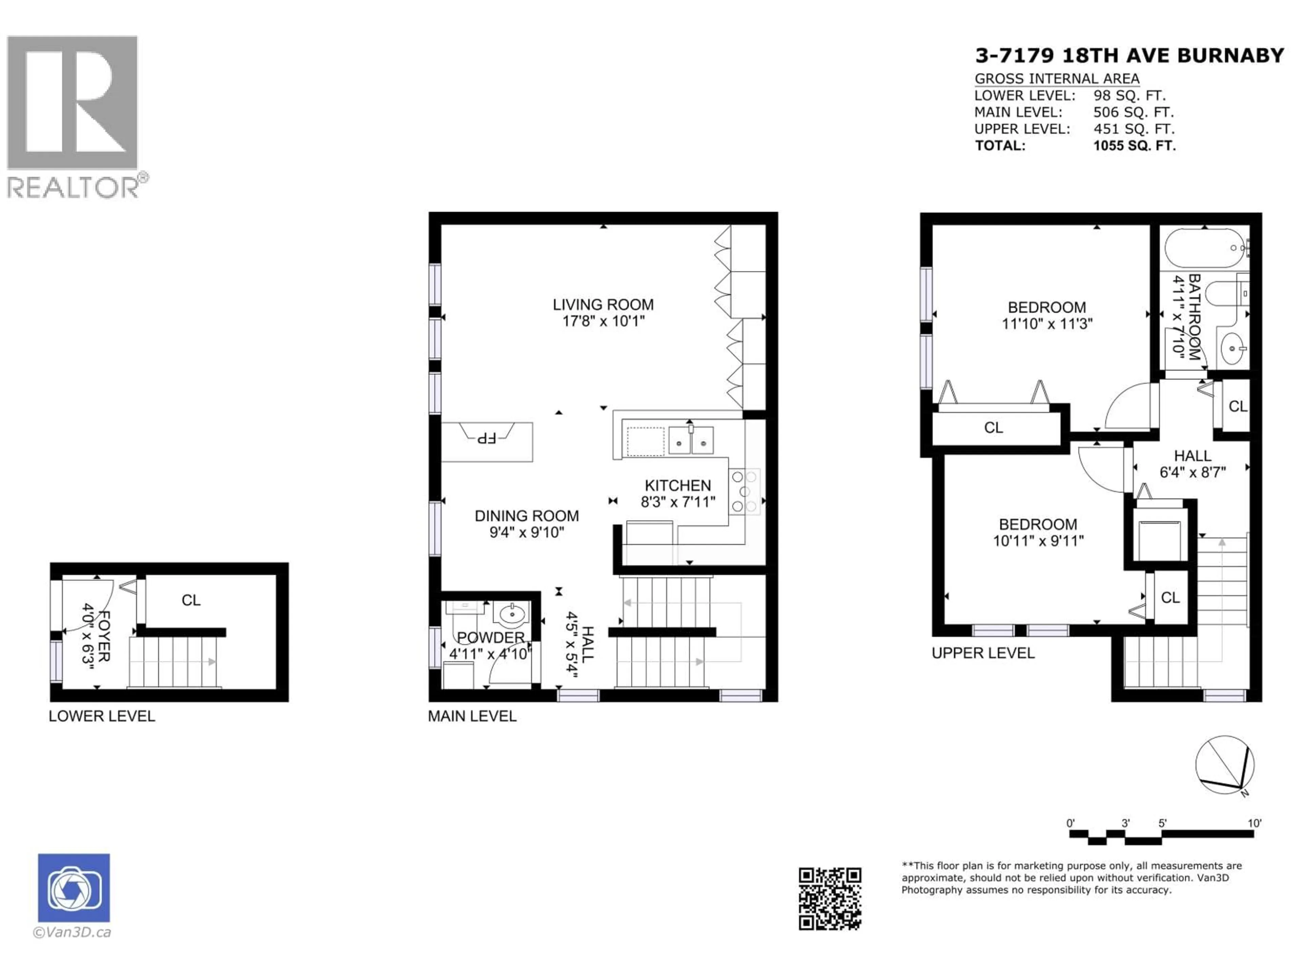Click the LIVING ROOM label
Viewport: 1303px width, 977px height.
(603, 305)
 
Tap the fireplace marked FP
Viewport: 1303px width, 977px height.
(487, 439)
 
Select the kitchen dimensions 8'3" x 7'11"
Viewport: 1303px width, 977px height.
(678, 502)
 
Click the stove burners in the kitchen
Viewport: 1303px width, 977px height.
(744, 491)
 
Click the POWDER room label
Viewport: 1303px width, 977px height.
(491, 637)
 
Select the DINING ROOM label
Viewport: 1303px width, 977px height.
(527, 516)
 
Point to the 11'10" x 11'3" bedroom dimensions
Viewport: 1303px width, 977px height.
(1047, 324)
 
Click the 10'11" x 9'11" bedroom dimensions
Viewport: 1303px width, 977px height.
(1038, 541)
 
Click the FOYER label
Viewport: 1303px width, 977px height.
(103, 636)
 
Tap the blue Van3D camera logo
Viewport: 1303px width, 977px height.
(74, 887)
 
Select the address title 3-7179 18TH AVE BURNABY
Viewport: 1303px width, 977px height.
(1129, 55)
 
